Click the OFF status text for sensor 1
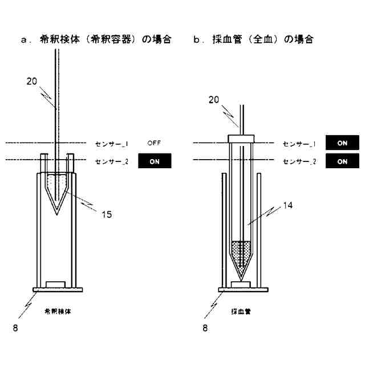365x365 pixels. point(154,143)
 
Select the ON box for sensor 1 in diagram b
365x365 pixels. point(342,143)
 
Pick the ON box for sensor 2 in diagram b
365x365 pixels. point(342,161)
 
